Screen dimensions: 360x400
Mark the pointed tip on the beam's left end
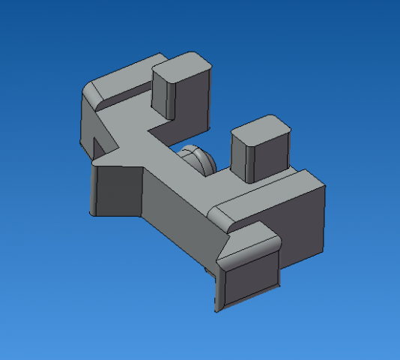pos(94,159)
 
